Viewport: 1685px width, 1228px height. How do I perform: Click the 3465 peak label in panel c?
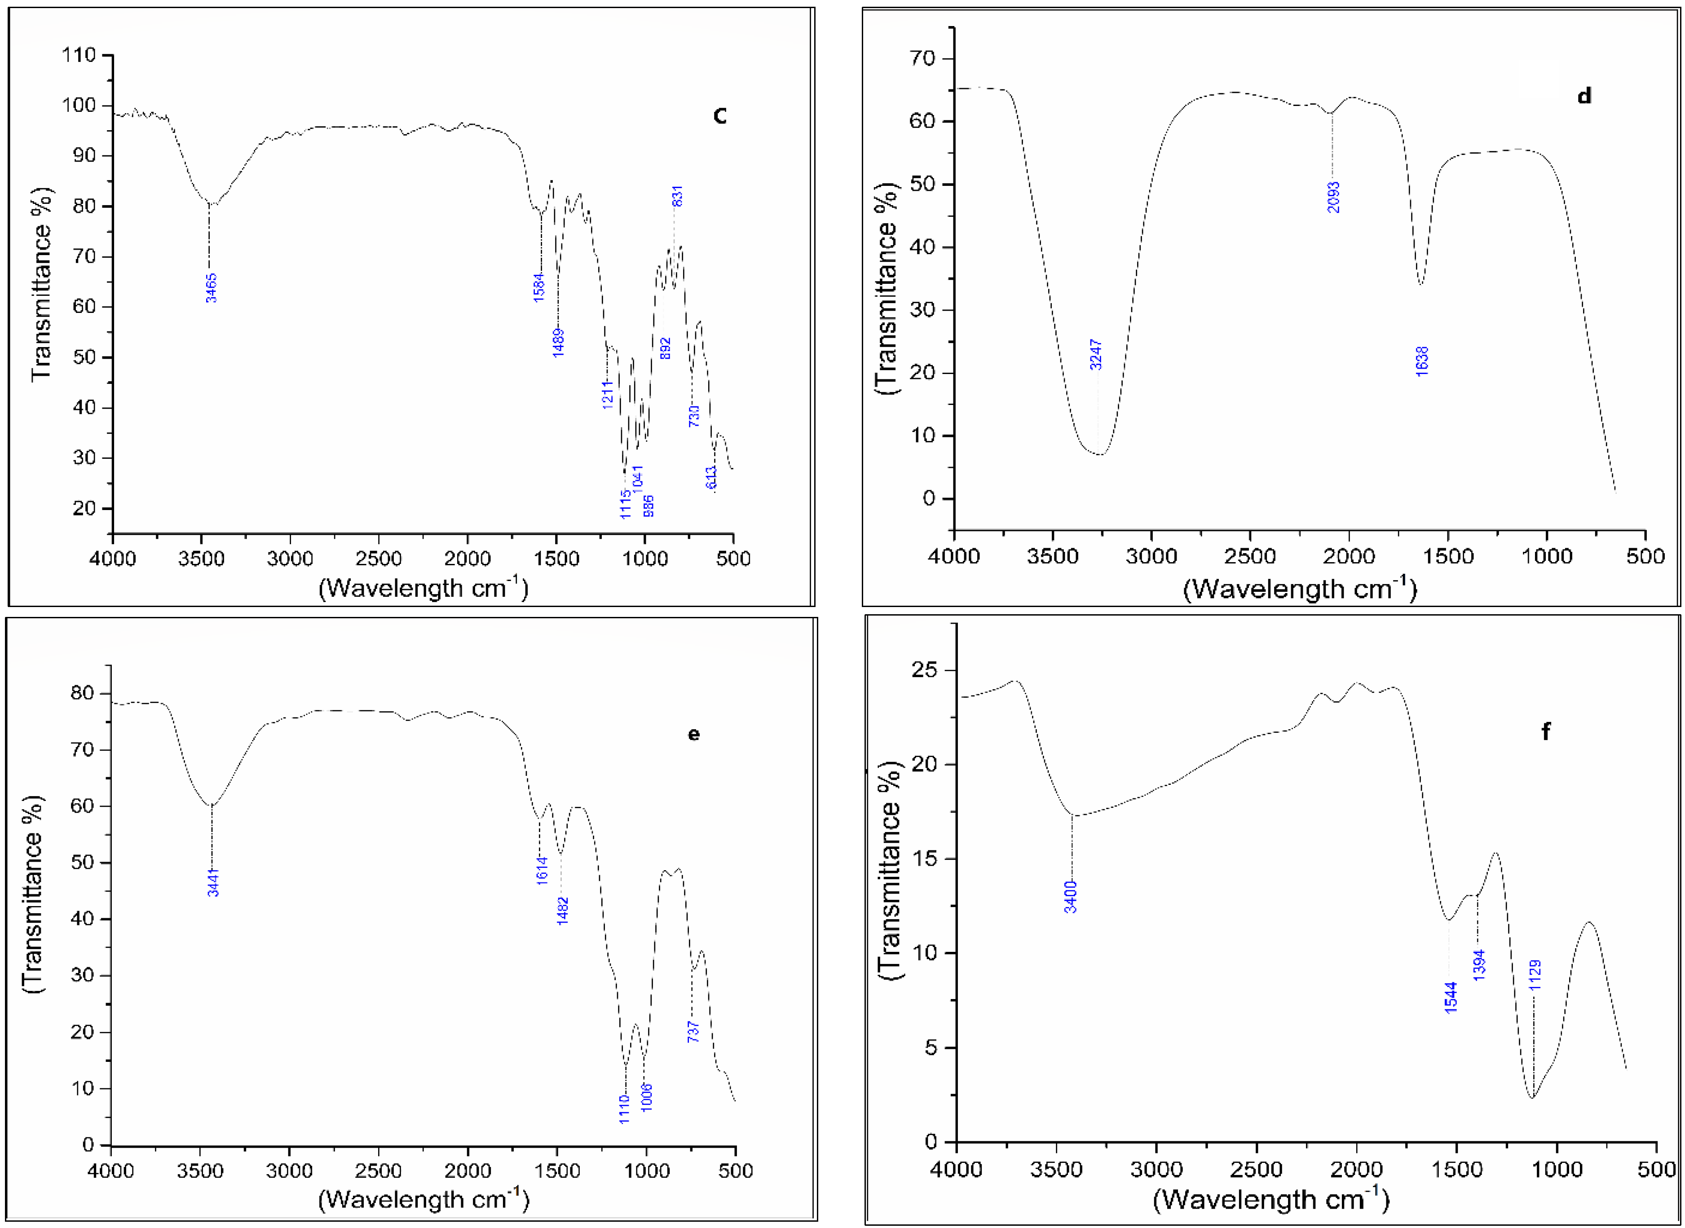(x=211, y=288)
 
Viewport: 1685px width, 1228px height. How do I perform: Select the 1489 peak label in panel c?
(x=558, y=343)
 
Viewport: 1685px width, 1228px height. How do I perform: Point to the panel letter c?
(x=719, y=115)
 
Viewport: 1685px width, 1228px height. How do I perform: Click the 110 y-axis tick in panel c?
(x=79, y=55)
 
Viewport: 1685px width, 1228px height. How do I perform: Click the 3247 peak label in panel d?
(x=1095, y=355)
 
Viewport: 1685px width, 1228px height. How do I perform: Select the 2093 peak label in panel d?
(x=1333, y=197)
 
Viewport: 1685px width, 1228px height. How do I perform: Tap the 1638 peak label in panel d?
(x=1422, y=361)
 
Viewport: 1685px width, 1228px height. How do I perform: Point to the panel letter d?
(x=1584, y=96)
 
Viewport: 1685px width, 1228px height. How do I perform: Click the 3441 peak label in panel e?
(x=213, y=882)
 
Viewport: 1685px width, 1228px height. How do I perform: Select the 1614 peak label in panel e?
(x=542, y=870)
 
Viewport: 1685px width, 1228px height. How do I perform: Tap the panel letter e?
(x=693, y=735)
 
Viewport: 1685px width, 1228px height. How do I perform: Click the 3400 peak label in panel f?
(x=1070, y=897)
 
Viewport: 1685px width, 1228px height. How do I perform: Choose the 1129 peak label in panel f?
(x=1535, y=974)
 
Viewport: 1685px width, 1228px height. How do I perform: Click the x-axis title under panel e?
(x=423, y=1199)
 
